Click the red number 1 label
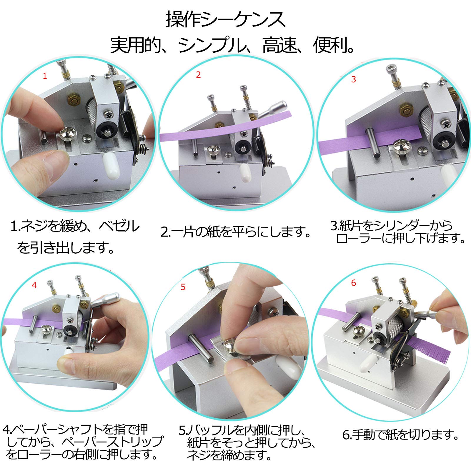point(45,76)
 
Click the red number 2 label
point(198,75)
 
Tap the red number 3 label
point(354,79)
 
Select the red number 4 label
point(34,285)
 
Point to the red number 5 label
point(183,287)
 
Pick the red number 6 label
point(354,283)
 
